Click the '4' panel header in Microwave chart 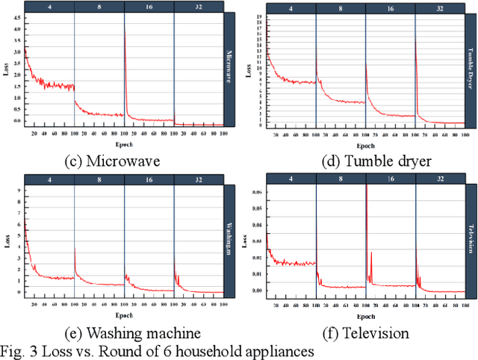49,7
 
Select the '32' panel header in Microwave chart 198,7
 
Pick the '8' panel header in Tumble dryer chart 340,8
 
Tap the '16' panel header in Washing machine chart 149,179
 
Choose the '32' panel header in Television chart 440,179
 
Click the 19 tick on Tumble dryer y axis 259,16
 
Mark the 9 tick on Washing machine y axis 19,191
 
